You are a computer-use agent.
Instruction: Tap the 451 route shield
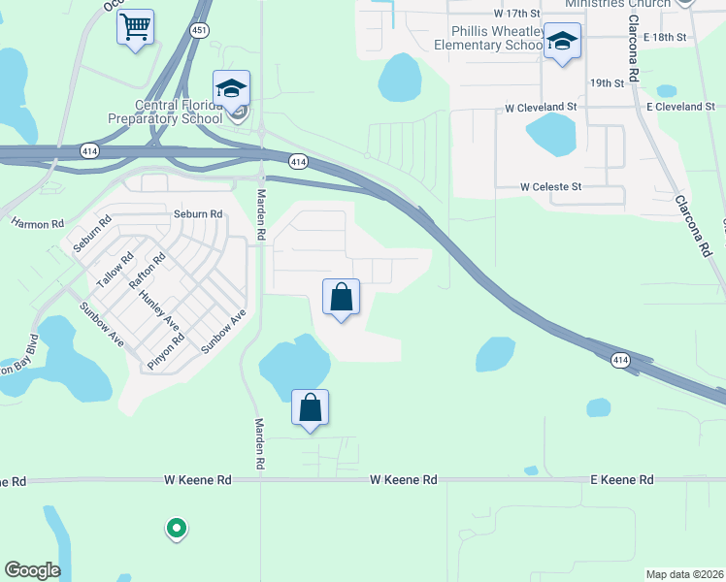tap(200, 30)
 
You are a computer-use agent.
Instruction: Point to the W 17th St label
tap(516, 14)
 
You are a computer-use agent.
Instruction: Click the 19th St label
tap(606, 83)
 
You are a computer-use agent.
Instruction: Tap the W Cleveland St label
tap(541, 107)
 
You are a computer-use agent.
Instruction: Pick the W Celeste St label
tap(550, 186)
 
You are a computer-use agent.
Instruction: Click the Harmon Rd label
tap(37, 224)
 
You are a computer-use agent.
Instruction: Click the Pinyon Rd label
tap(165, 350)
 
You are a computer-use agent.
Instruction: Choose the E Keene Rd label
tap(622, 479)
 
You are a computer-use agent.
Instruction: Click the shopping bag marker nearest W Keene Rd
tap(310, 408)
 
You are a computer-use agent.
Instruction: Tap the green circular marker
tap(176, 529)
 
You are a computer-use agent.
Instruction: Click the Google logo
tap(32, 570)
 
